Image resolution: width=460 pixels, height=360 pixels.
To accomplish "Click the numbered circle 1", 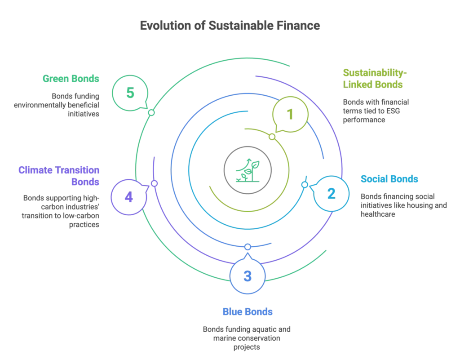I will [x=290, y=115].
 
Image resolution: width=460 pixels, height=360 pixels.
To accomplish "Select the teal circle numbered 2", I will [x=330, y=194].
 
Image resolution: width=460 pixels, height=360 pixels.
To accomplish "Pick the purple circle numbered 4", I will [x=128, y=197].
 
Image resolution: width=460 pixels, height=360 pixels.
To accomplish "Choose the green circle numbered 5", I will [x=130, y=93].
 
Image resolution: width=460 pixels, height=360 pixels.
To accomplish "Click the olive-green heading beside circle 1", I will [x=374, y=79].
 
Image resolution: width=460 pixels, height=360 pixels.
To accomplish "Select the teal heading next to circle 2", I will [x=389, y=179].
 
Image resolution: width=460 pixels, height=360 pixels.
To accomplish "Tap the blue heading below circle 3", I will [x=247, y=311].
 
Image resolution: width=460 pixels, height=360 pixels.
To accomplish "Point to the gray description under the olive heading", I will [x=376, y=110].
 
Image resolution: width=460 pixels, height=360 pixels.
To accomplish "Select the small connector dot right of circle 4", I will [x=153, y=184].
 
